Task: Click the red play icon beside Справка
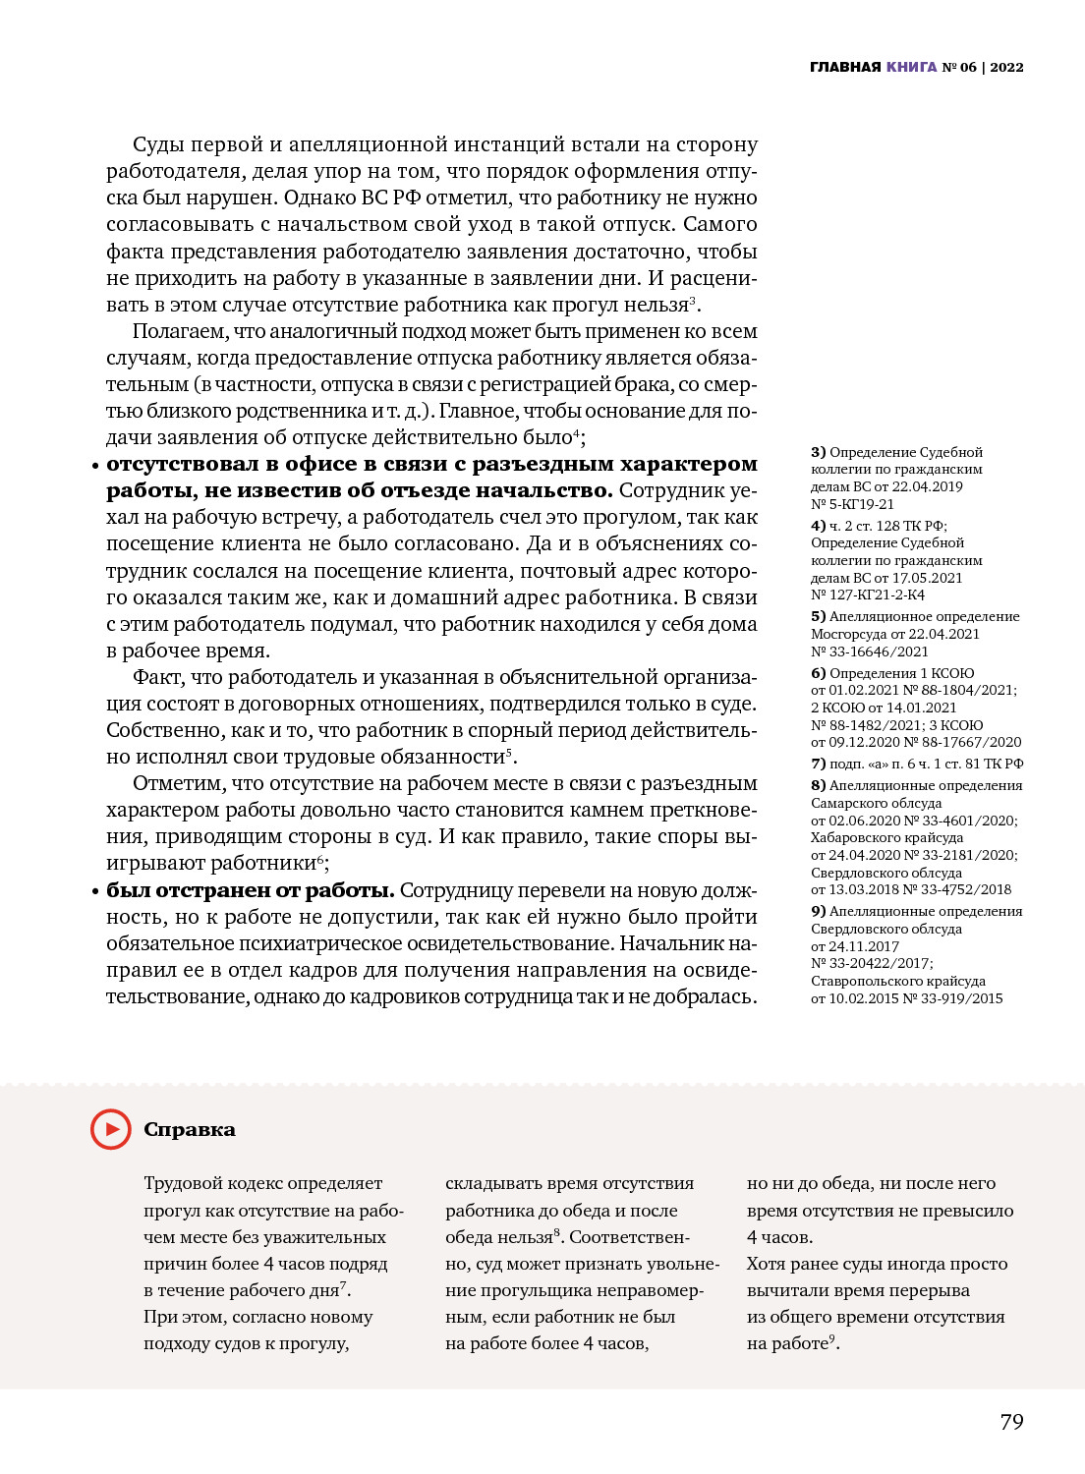coord(110,1129)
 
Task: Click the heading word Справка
coord(190,1130)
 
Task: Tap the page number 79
coord(1011,1422)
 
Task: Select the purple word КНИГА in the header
coord(911,67)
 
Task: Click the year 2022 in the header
coord(1006,67)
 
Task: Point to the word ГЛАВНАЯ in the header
coord(845,67)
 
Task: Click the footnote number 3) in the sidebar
coord(818,452)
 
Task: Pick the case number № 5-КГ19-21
coord(852,504)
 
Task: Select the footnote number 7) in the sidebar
coord(818,764)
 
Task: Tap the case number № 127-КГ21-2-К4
coord(868,595)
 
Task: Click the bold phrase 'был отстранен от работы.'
coord(251,890)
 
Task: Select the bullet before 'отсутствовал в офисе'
coord(95,465)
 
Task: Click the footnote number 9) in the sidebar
coord(818,911)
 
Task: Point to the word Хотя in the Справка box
coord(766,1264)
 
